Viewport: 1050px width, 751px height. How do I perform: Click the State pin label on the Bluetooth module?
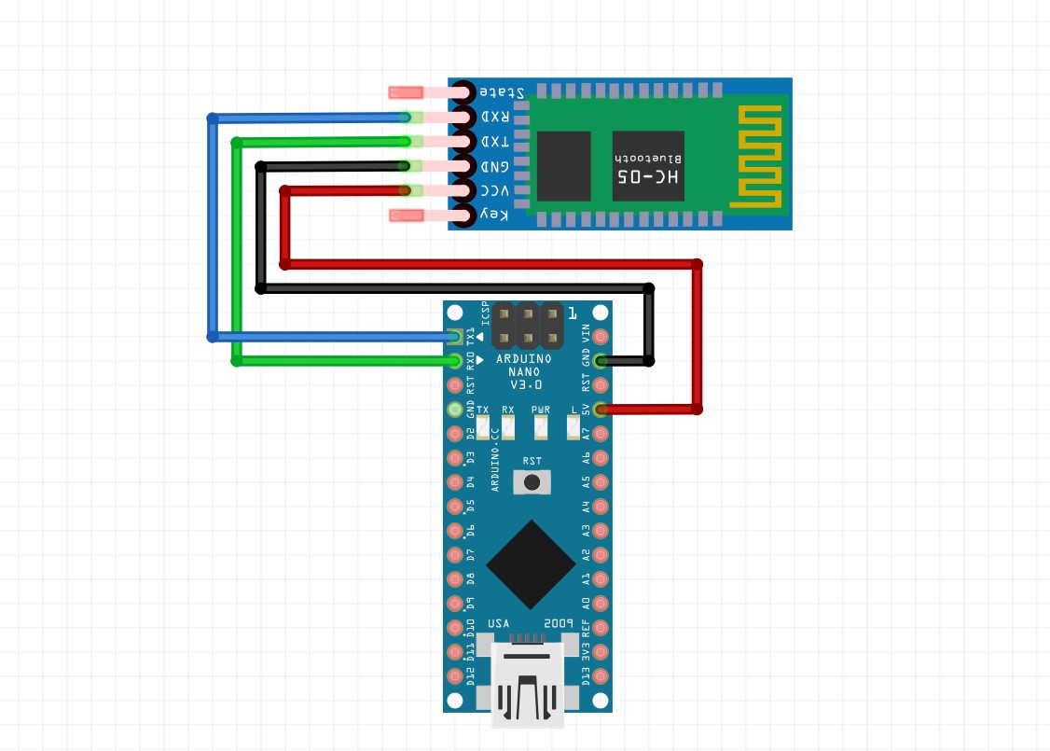click(x=501, y=92)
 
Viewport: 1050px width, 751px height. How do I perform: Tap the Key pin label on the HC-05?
click(x=494, y=216)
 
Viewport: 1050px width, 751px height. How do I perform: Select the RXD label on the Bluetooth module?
click(x=494, y=118)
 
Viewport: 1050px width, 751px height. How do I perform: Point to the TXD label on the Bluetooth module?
click(x=494, y=142)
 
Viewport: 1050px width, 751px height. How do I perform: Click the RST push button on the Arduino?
click(x=532, y=481)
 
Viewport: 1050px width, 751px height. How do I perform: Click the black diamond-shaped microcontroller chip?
click(x=531, y=563)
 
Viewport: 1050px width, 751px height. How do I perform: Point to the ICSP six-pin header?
click(x=528, y=326)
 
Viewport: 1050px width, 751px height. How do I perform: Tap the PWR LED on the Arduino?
click(x=541, y=427)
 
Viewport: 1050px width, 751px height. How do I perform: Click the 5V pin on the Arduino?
click(x=601, y=409)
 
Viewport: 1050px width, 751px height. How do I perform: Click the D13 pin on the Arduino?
click(x=601, y=675)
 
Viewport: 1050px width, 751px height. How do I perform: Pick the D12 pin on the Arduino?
click(x=455, y=675)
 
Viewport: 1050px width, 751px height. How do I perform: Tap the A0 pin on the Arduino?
click(x=601, y=603)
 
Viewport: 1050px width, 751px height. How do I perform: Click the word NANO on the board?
click(x=524, y=371)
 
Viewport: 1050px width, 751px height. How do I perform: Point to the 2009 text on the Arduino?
click(x=558, y=623)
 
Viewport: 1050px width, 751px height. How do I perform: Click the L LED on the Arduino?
click(x=573, y=427)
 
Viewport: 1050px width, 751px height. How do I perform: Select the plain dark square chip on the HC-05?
click(x=563, y=166)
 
